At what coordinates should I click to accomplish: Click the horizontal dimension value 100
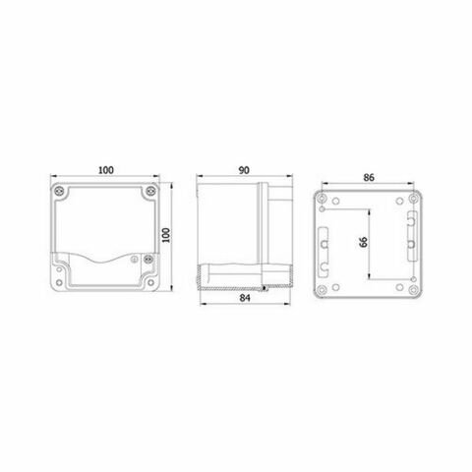(105, 168)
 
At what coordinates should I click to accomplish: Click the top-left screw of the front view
(63, 190)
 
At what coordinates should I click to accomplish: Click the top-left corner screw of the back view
(323, 195)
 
